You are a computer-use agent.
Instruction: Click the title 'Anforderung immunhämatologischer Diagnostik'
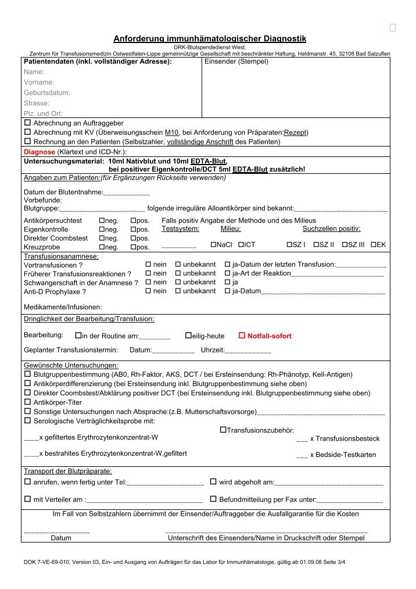point(209,38)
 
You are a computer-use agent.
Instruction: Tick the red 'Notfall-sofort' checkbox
point(243,336)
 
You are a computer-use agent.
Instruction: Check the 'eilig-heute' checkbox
point(188,336)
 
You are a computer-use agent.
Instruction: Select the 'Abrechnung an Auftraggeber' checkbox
point(27,123)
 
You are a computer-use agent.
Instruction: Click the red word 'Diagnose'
point(39,151)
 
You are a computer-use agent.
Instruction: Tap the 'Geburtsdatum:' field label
point(47,92)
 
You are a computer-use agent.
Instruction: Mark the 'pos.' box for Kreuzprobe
point(134,247)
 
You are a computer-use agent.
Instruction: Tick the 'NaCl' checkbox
point(213,245)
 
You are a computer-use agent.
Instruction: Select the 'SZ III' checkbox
point(345,245)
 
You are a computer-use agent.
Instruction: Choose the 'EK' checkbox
point(374,245)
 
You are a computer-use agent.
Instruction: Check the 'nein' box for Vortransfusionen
point(148,265)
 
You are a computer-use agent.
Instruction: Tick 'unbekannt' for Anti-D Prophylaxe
point(178,291)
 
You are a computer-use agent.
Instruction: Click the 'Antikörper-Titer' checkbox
point(27,402)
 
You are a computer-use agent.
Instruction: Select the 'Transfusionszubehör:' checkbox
point(223,430)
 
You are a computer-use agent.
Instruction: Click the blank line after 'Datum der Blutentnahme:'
point(127,192)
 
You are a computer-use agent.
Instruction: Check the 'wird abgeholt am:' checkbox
point(213,482)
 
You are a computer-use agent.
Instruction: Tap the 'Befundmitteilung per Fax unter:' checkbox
point(213,499)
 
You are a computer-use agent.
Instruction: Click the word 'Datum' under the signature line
point(61,538)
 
